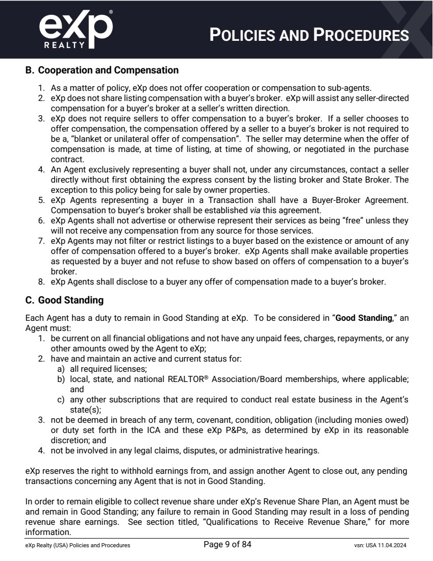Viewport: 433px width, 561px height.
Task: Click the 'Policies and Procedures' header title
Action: (x=310, y=35)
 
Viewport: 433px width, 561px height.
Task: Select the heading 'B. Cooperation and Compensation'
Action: (x=102, y=70)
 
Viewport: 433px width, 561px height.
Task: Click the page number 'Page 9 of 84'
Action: (x=227, y=545)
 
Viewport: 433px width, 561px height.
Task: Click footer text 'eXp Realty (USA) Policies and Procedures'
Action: (x=78, y=545)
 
